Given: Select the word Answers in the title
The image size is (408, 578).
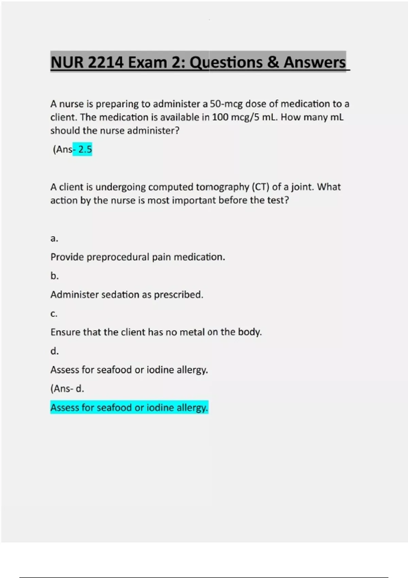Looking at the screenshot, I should pyautogui.click(x=314, y=62).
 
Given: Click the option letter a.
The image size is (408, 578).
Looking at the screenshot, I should pyautogui.click(x=54, y=238).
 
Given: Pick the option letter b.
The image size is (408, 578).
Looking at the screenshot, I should pyautogui.click(x=54, y=276).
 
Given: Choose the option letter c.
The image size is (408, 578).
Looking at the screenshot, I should pyautogui.click(x=54, y=313).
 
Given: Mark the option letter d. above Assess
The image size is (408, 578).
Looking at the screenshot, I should pyautogui.click(x=54, y=351).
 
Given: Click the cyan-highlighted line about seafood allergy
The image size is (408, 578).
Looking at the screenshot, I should pyautogui.click(x=129, y=407).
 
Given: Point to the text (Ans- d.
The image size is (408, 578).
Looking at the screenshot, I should pyautogui.click(x=67, y=389).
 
